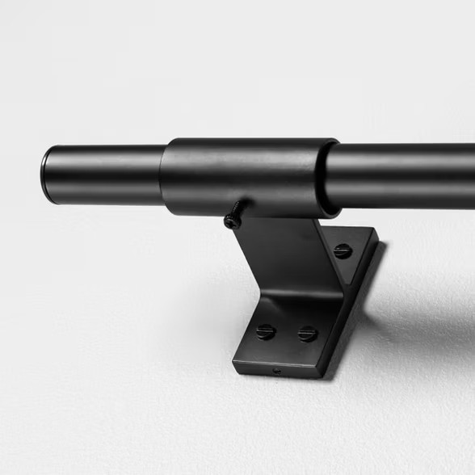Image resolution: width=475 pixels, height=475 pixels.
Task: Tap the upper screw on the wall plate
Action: pos(343,251)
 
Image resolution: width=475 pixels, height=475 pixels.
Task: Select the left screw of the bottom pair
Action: pos(266,331)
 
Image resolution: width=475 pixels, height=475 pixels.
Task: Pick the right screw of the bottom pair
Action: pos(307,333)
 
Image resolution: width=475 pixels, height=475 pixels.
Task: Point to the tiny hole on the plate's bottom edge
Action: pos(277,371)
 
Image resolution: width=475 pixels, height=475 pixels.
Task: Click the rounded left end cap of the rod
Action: pos(47,174)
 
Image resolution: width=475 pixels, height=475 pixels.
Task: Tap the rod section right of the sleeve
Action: pos(404,175)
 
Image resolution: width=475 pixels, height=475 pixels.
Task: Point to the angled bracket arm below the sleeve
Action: pos(283,259)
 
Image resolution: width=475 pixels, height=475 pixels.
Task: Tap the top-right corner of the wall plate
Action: pos(376,232)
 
